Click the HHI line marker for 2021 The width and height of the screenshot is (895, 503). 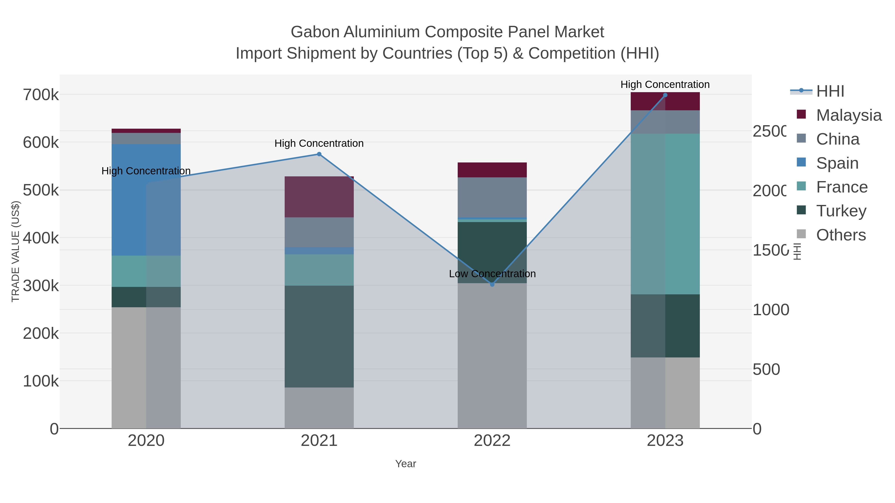(319, 154)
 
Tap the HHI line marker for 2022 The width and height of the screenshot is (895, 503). (492, 284)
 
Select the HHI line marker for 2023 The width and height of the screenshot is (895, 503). (665, 95)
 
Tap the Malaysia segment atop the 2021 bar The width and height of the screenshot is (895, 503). (319, 197)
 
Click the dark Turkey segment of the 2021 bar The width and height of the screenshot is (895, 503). (319, 336)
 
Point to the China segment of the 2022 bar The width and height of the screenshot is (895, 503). (492, 197)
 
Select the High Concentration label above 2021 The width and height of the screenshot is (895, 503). (319, 143)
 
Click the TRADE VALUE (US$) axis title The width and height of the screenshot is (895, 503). (16, 251)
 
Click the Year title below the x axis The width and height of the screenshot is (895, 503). (405, 464)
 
